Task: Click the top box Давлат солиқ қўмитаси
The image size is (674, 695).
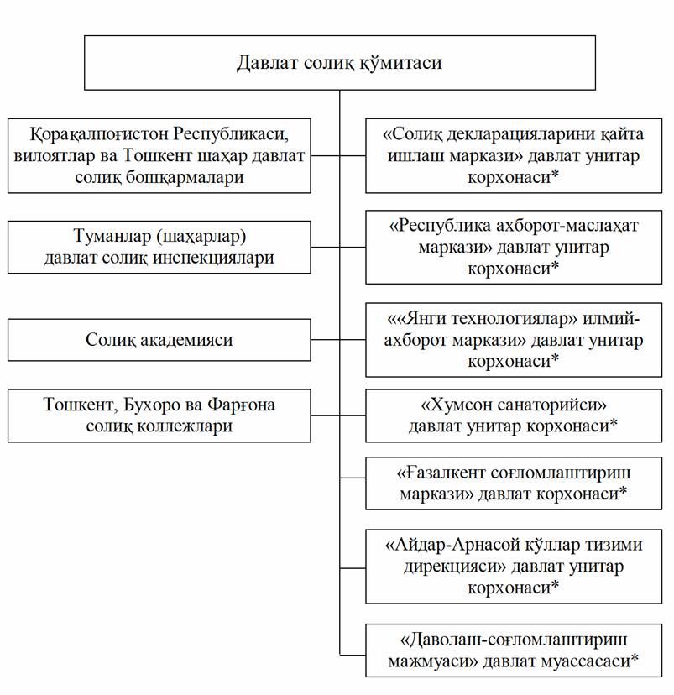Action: [339, 63]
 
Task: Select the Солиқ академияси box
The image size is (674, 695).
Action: [159, 340]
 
